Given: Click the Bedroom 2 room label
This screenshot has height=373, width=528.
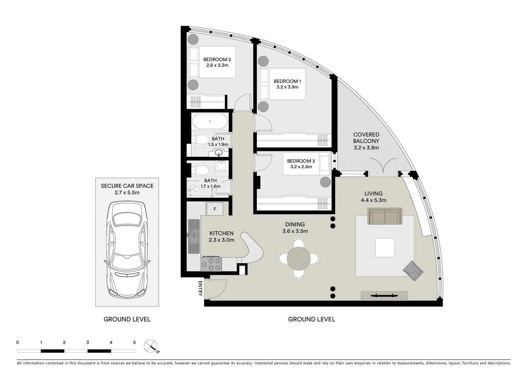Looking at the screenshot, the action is [217, 59].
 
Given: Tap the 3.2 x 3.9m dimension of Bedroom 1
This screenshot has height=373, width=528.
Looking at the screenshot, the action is [287, 87].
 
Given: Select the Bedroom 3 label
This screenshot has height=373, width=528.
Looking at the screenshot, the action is [301, 161].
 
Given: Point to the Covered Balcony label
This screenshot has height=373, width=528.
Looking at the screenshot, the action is [366, 138].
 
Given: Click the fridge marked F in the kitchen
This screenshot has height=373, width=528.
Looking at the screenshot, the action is [215, 209].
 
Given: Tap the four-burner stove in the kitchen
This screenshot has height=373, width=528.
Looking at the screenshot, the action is [211, 265].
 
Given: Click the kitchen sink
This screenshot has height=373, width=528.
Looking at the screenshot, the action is [194, 236].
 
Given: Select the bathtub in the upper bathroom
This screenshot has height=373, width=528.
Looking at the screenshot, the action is [210, 122].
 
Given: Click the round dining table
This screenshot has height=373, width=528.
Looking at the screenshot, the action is [299, 258].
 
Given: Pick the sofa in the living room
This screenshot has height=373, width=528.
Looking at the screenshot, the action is [385, 216].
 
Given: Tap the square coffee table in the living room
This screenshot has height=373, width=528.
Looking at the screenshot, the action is [385, 248].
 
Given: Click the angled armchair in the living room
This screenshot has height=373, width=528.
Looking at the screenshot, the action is [413, 270].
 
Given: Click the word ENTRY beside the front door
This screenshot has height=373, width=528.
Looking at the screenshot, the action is [200, 288].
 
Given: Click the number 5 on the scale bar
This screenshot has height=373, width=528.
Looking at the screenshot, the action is [134, 343].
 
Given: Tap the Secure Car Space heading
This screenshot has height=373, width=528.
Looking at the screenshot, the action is [127, 186].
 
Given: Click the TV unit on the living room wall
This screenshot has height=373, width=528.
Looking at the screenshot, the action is [384, 295].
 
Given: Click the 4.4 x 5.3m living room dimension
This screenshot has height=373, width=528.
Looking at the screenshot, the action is [373, 200].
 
